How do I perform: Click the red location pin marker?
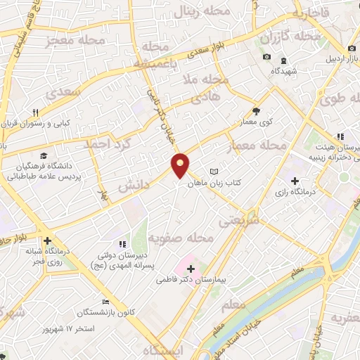181,165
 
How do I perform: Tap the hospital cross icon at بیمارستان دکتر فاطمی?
191,268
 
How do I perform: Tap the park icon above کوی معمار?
256,110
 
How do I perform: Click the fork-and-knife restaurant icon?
34,112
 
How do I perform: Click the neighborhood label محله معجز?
75,42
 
